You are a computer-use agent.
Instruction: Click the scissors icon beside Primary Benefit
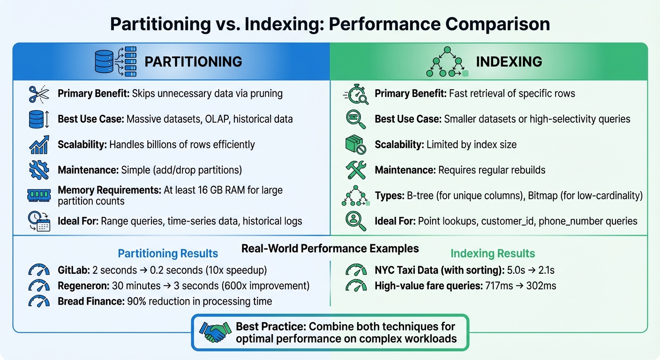pos(39,94)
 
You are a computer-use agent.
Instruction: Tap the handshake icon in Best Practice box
pos(215,332)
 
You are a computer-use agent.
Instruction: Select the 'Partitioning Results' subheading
pos(168,254)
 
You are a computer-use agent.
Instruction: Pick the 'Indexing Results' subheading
pos(492,254)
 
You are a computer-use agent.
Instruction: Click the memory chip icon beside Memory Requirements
pos(39,195)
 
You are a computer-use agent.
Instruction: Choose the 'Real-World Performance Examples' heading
pos(330,248)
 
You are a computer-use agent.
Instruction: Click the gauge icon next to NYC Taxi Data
pos(356,270)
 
